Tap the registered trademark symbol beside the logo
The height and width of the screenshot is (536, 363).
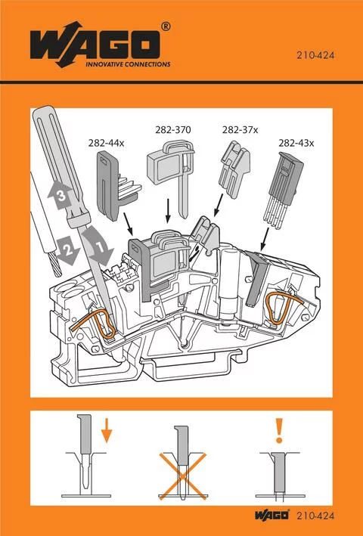tap(166, 28)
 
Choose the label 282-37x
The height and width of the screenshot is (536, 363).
tap(240, 130)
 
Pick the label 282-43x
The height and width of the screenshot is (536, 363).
tap(296, 141)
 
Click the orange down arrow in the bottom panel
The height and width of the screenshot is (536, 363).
tap(107, 433)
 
